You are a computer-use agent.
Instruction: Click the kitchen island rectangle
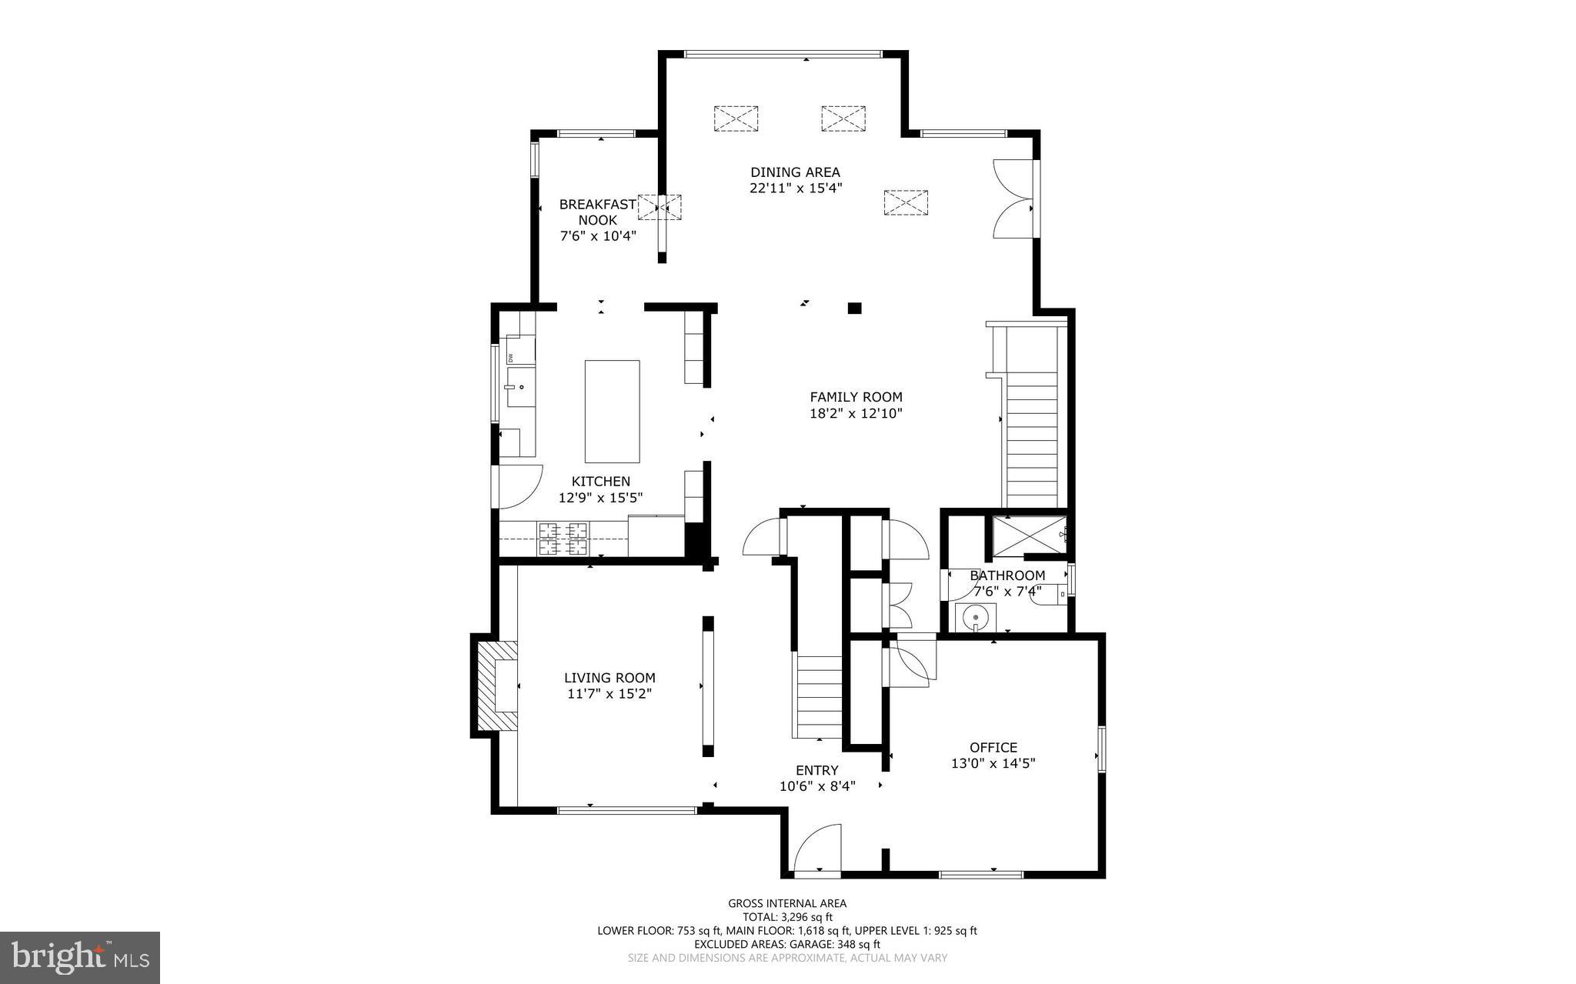click(x=612, y=411)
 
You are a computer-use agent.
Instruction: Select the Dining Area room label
click(x=795, y=172)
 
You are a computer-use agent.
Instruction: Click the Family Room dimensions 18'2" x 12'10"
click(x=856, y=414)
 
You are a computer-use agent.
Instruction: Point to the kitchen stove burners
click(x=563, y=539)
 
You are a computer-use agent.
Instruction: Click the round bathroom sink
click(x=976, y=617)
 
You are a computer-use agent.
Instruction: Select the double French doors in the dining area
click(x=1013, y=198)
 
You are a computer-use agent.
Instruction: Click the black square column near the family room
click(x=854, y=309)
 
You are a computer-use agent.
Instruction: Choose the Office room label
click(x=993, y=747)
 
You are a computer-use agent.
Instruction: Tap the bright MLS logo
click(x=80, y=956)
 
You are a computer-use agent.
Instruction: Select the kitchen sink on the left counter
click(x=519, y=387)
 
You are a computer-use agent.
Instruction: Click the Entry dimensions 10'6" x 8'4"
click(x=817, y=786)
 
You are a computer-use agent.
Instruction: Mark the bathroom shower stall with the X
click(x=1027, y=535)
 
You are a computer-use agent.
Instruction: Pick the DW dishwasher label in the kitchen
click(x=509, y=358)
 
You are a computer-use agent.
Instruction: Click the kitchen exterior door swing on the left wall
click(x=519, y=486)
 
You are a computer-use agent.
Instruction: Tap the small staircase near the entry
click(x=819, y=696)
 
